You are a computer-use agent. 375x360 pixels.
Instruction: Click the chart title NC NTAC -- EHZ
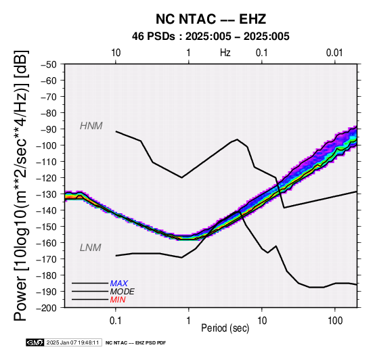[x=211, y=19]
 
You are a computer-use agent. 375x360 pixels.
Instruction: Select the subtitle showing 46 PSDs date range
[x=211, y=37]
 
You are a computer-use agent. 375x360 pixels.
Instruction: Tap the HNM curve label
[x=91, y=126]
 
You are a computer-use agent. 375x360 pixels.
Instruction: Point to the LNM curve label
[x=91, y=248]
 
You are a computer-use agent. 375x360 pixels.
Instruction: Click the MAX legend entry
[x=119, y=284]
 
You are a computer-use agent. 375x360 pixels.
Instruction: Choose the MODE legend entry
[x=123, y=292]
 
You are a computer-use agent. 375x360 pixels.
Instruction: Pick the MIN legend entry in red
[x=118, y=300]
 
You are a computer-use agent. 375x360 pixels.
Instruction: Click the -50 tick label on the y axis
[x=49, y=64]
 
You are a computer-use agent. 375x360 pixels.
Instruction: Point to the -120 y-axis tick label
[x=47, y=178]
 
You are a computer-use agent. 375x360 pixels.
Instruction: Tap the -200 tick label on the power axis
[x=47, y=308]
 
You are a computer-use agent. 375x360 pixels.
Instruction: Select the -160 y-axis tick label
[x=47, y=243]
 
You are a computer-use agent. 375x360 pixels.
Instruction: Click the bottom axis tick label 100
[x=335, y=321]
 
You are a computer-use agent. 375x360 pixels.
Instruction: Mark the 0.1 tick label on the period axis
[x=116, y=321]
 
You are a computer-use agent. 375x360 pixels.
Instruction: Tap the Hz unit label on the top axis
[x=225, y=53]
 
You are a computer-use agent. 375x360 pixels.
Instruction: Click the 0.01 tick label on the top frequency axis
[x=334, y=53]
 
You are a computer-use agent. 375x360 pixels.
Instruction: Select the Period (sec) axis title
[x=225, y=328]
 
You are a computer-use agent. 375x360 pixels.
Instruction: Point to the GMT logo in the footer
[x=35, y=342]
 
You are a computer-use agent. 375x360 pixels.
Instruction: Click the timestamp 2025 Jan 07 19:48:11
[x=72, y=342]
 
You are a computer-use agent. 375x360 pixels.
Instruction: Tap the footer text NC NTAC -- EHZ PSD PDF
[x=135, y=343]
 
